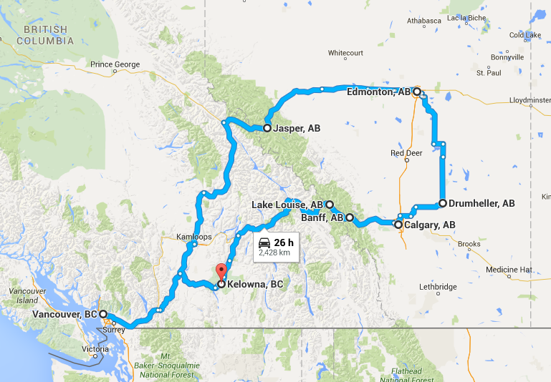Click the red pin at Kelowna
tap(221, 271)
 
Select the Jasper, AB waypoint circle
tap(267, 129)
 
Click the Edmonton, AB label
tap(378, 92)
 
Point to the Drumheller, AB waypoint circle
tap(443, 203)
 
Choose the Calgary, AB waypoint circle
tap(398, 225)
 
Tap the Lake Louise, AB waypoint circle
tap(330, 205)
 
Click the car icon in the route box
tap(264, 242)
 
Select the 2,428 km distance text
tap(274, 253)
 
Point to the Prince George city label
tap(115, 64)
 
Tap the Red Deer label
tap(406, 153)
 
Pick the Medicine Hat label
tap(509, 270)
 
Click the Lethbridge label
tap(438, 287)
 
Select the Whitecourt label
tap(346, 53)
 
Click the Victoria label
tap(95, 349)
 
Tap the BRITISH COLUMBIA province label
tap(48, 35)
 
